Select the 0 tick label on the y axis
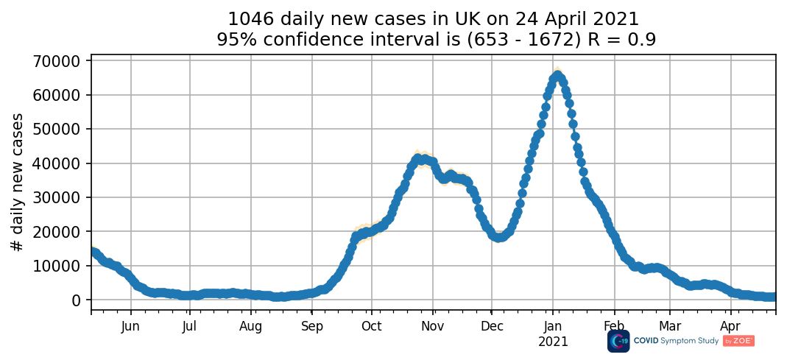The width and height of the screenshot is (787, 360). pos(77,300)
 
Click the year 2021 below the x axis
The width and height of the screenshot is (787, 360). pos(553,342)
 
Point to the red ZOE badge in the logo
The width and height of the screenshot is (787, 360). pos(739,341)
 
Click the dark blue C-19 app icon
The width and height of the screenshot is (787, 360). pos(618,341)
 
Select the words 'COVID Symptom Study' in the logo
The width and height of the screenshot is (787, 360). pos(676,341)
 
